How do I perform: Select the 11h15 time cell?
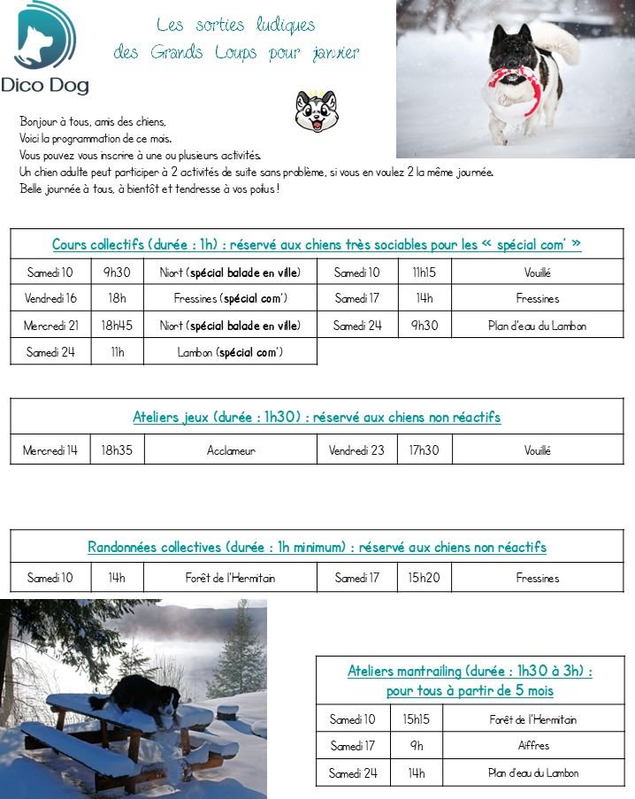425,273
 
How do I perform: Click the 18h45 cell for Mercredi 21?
117,326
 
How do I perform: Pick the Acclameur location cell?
231,450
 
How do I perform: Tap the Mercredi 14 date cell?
50,450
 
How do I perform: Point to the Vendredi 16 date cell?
50,299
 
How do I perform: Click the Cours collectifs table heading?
317,244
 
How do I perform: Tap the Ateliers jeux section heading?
317,417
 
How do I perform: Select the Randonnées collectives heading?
317,548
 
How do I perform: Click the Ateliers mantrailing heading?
470,680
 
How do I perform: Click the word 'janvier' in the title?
335,53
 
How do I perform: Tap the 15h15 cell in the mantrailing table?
416,719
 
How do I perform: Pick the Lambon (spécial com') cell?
230,352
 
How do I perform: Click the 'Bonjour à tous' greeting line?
93,121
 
